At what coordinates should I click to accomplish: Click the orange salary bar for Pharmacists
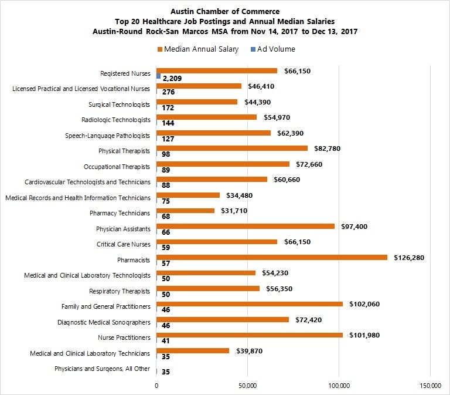[x=272, y=257]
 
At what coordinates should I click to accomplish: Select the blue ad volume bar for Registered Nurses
[x=158, y=76]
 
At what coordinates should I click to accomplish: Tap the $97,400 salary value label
[x=355, y=226]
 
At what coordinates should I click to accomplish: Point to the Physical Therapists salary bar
[x=232, y=148]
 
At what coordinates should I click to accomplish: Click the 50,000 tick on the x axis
[x=248, y=385]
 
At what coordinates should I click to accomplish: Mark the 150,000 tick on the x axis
[x=430, y=385]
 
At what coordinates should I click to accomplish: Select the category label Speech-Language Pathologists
[x=107, y=136]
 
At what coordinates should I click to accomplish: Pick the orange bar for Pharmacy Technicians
[x=185, y=211]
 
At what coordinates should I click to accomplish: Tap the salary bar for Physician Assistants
[x=246, y=226]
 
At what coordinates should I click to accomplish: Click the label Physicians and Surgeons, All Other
[x=102, y=369]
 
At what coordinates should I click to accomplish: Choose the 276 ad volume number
[x=169, y=92]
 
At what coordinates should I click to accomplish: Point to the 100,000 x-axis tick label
[x=339, y=385]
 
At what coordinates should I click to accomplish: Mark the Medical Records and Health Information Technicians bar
[x=188, y=195]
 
